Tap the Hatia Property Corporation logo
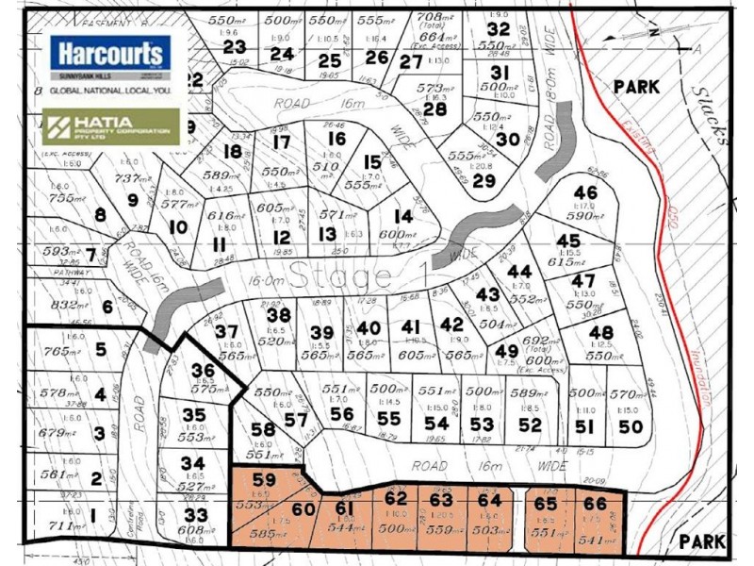click(x=111, y=126)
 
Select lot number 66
click(x=595, y=505)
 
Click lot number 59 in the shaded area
click(x=265, y=479)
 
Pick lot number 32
click(x=499, y=28)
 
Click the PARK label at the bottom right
click(x=702, y=542)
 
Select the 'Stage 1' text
click(x=341, y=277)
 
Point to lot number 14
click(x=402, y=216)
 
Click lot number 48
click(x=600, y=332)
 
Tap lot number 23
click(x=235, y=47)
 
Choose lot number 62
click(x=396, y=497)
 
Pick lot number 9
click(x=132, y=199)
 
